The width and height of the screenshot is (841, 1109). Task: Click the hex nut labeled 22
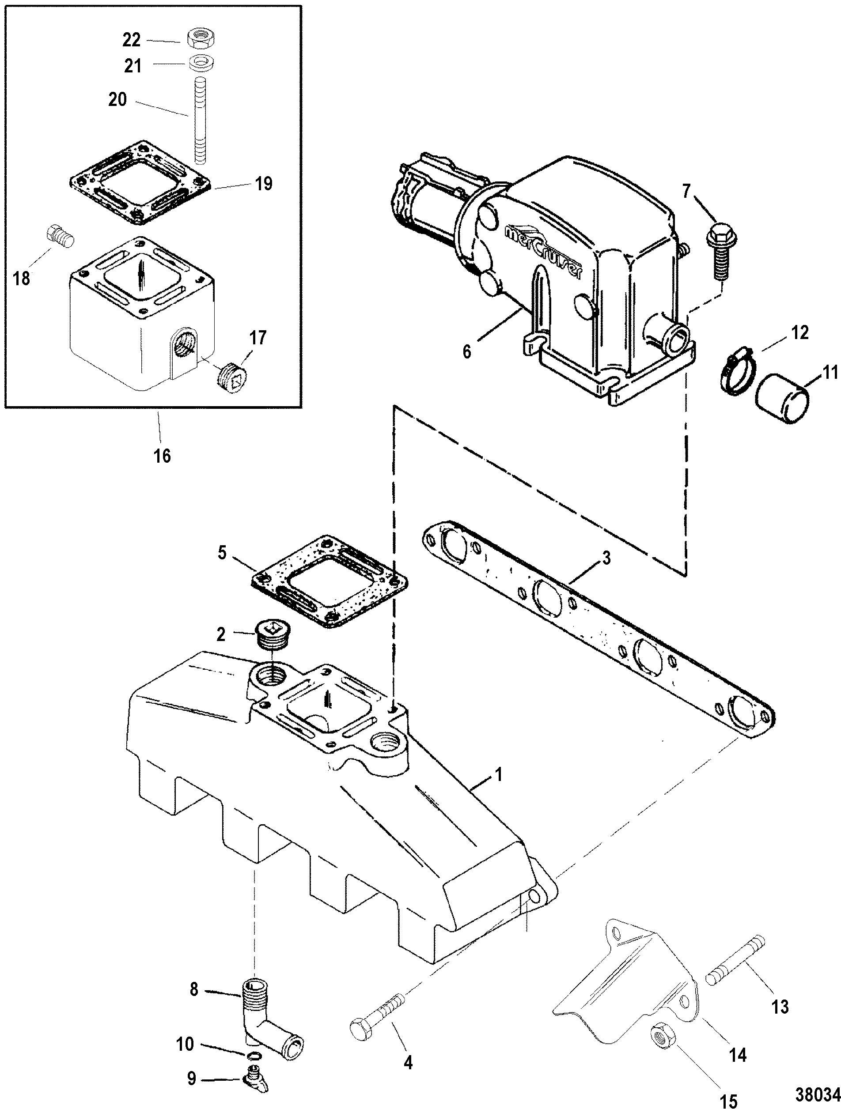click(x=200, y=38)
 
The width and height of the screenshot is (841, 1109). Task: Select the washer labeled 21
click(x=201, y=64)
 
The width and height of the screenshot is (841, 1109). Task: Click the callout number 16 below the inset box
click(x=163, y=455)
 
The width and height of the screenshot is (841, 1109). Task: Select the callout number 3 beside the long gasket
click(x=606, y=558)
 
